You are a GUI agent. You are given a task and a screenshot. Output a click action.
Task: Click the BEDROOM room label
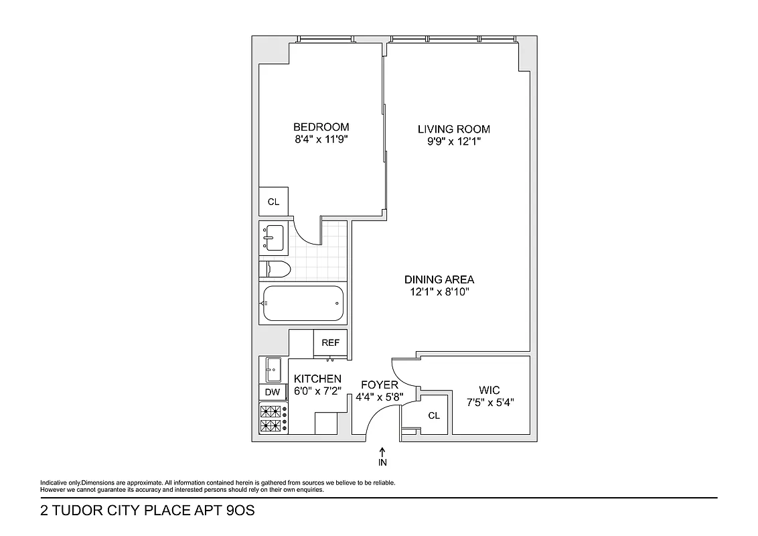coord(321,127)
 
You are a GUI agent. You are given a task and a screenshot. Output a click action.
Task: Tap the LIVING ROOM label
coord(453,129)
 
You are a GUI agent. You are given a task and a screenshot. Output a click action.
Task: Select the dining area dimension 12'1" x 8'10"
coord(439,292)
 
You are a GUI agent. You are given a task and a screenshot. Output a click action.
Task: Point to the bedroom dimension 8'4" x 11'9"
coord(321,140)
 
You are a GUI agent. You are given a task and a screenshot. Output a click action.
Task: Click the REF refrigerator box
coord(330,343)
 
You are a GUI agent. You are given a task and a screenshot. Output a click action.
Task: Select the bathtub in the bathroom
coord(303,304)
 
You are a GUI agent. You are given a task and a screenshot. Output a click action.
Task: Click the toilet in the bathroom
coord(276,270)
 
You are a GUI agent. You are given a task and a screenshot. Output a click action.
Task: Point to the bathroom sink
coord(273,237)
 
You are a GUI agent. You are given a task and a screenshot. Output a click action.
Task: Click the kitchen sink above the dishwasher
coord(273,369)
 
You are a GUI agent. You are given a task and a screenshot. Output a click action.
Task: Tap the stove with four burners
coord(273,419)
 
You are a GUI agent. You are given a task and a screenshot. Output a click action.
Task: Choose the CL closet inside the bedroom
coord(273,202)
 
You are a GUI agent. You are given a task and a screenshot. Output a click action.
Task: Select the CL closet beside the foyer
coord(434,416)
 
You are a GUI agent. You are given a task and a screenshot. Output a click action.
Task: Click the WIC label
coord(489,390)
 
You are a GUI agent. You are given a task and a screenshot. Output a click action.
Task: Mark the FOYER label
coord(379,385)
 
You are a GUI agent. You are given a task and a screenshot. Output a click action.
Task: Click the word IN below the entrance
coord(382,462)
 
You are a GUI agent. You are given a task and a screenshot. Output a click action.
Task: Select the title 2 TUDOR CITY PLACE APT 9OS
coord(148,511)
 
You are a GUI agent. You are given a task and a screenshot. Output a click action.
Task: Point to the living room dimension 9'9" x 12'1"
coord(453,142)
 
